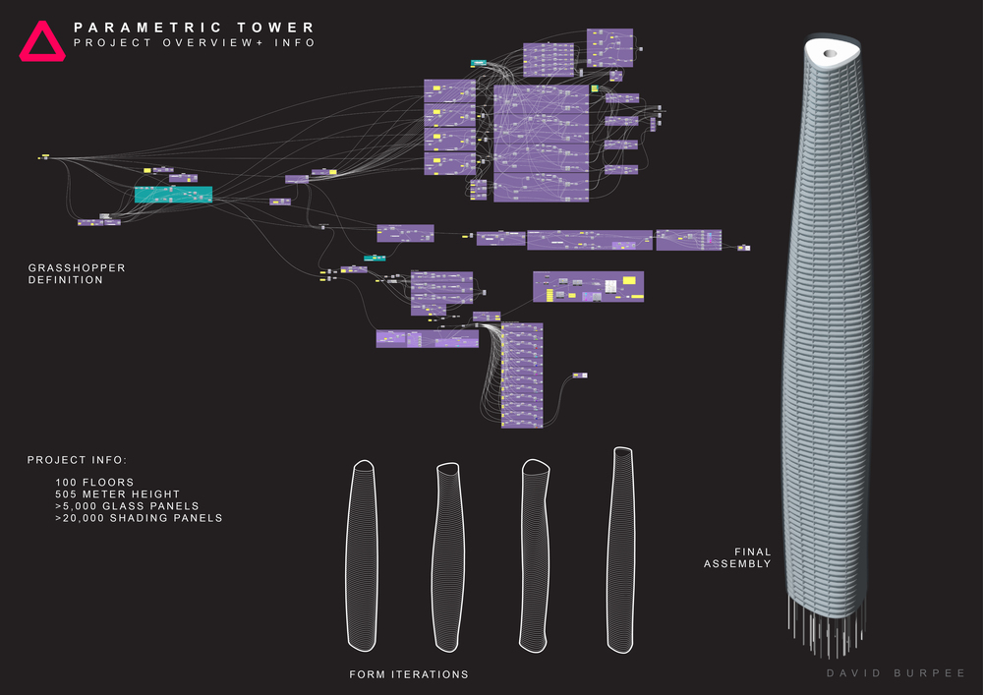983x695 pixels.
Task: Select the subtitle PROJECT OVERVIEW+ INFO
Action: point(195,43)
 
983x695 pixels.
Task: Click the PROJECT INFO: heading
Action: point(78,460)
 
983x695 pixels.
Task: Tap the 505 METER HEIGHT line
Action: point(117,494)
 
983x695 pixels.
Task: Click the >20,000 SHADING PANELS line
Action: point(139,518)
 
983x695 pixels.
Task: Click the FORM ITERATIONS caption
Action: point(409,674)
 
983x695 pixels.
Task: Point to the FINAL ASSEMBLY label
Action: point(737,557)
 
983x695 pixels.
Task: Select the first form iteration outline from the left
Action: point(364,555)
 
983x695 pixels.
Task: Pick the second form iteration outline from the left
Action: point(448,555)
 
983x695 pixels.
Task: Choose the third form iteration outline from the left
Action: point(536,555)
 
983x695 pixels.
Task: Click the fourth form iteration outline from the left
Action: point(621,550)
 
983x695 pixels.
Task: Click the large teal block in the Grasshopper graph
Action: point(173,195)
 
